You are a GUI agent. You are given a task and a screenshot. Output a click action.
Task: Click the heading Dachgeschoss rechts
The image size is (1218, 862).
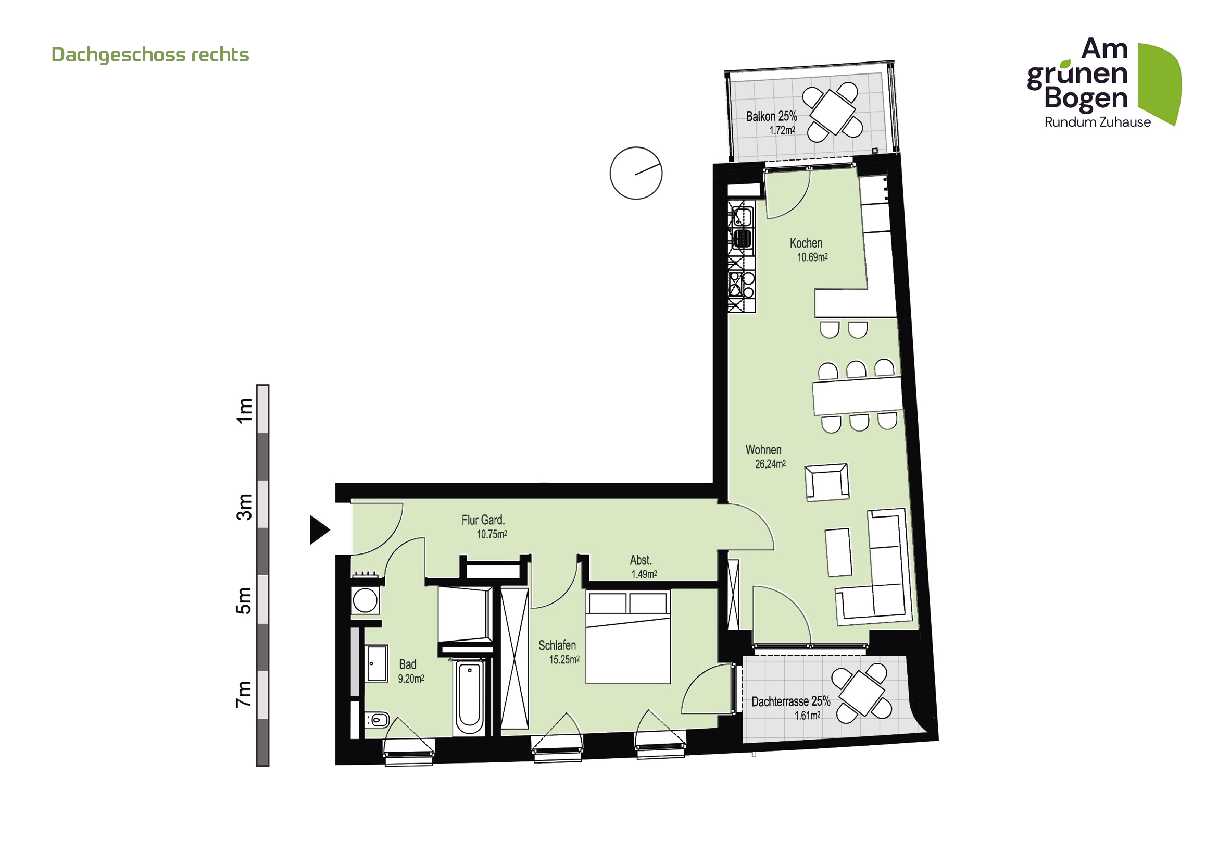point(150,55)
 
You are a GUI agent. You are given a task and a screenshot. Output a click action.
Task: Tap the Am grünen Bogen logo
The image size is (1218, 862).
point(1103,82)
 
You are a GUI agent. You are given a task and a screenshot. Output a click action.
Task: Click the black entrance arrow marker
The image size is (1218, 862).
point(319,529)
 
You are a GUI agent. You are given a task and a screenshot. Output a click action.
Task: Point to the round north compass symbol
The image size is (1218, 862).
point(635,173)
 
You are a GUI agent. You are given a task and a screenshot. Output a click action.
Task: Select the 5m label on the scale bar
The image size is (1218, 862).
point(244,600)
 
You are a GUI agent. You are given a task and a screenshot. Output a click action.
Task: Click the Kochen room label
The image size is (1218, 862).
point(806,243)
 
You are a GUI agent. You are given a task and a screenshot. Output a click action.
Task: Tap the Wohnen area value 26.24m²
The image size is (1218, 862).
point(770,464)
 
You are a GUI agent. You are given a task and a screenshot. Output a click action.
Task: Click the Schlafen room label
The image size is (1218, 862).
point(557,645)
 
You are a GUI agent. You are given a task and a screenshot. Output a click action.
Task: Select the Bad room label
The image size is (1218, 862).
point(407,664)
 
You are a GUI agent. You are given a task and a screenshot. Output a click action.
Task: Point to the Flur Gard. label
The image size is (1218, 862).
point(483,520)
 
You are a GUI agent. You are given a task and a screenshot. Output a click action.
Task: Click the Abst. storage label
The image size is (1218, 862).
point(641,560)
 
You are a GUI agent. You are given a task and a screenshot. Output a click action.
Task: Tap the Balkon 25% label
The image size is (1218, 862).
point(771,116)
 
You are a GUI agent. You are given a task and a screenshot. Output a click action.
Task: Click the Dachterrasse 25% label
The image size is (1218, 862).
point(790,701)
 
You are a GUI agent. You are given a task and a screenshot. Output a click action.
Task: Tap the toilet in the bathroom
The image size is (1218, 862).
point(378,720)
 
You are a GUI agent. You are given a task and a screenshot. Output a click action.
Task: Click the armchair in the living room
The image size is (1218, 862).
point(826,482)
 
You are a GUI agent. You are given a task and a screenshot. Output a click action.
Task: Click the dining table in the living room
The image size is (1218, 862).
point(857,396)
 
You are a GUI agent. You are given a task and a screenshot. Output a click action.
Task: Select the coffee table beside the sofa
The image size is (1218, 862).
point(839,552)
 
